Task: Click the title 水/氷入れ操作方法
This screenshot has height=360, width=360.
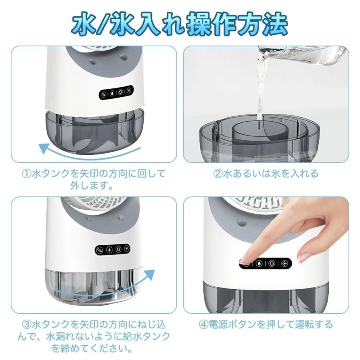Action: (180, 24)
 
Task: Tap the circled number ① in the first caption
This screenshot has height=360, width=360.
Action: (26, 174)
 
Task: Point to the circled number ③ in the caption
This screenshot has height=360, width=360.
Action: (26, 324)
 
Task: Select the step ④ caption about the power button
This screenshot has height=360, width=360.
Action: (266, 324)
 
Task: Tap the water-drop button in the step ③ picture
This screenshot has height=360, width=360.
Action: (109, 249)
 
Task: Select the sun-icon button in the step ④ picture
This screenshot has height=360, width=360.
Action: (284, 263)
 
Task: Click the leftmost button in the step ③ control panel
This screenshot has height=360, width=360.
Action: (100, 250)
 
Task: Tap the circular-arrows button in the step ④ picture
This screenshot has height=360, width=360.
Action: (272, 263)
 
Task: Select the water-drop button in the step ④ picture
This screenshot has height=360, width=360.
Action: (260, 263)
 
